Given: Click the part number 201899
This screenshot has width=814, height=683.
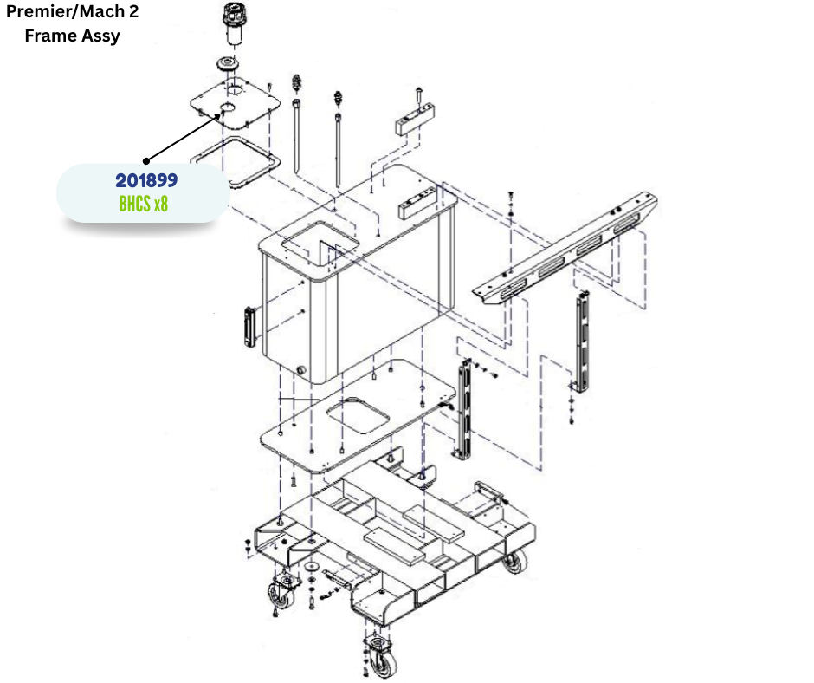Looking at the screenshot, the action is [146, 180].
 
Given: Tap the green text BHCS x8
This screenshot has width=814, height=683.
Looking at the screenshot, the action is [143, 204].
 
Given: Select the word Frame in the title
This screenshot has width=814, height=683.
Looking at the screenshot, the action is [50, 36].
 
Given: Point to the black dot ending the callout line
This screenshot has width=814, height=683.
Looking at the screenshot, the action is [146, 160].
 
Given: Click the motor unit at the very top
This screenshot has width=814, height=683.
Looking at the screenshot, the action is [234, 23].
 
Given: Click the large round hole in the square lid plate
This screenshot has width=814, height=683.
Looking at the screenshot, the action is [235, 89].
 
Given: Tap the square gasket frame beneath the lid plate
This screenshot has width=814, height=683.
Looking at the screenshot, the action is [236, 160].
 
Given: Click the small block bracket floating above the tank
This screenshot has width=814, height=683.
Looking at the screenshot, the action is [415, 120].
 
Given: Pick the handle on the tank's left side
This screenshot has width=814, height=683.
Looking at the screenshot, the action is [249, 327].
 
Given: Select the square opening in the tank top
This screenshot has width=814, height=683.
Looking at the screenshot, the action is [320, 242].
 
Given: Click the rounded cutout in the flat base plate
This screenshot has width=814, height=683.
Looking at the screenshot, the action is [358, 415].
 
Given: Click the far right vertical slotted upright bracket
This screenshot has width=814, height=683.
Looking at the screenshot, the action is [583, 341].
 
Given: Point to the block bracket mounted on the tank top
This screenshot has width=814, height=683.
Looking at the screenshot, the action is [417, 202].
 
